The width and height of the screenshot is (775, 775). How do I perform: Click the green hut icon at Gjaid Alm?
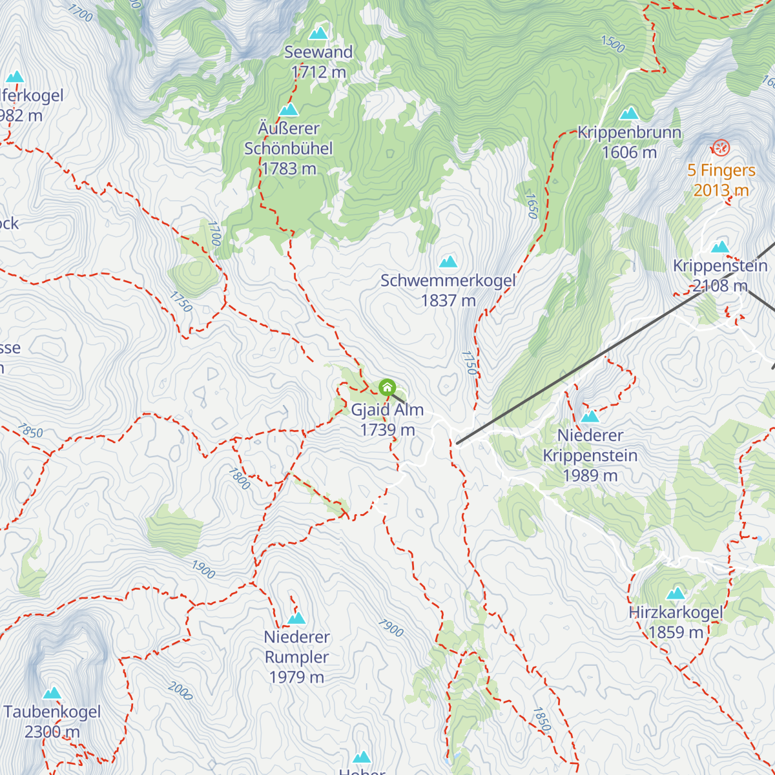click(x=387, y=387)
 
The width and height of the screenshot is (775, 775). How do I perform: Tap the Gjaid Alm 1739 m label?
click(x=387, y=420)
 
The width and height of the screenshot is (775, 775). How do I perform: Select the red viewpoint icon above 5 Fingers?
click(x=721, y=148)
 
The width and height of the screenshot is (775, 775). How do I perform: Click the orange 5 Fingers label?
click(x=721, y=180)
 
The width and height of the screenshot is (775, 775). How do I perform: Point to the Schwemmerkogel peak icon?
click(x=448, y=262)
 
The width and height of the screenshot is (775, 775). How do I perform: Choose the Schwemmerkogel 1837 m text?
click(x=448, y=291)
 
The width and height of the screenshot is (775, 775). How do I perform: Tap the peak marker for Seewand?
click(x=318, y=34)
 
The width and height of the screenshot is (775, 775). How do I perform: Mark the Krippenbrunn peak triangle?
click(x=629, y=114)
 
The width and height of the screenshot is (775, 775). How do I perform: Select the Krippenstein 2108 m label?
click(x=720, y=276)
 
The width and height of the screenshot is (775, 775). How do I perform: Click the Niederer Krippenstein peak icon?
click(x=590, y=417)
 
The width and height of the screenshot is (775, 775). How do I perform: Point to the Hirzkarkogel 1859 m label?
click(x=676, y=622)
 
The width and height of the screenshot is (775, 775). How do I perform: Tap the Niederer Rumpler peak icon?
click(x=296, y=618)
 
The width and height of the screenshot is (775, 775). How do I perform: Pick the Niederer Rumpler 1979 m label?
click(x=297, y=657)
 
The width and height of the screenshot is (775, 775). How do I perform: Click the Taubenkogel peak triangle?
click(x=52, y=693)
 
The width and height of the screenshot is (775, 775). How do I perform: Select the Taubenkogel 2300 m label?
click(x=52, y=721)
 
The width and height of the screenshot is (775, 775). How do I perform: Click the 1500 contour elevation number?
click(x=613, y=44)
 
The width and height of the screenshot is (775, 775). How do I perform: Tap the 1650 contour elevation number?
click(x=532, y=206)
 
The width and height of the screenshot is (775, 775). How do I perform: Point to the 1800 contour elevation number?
click(x=239, y=479)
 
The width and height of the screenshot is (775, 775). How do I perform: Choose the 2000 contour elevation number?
click(x=180, y=691)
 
